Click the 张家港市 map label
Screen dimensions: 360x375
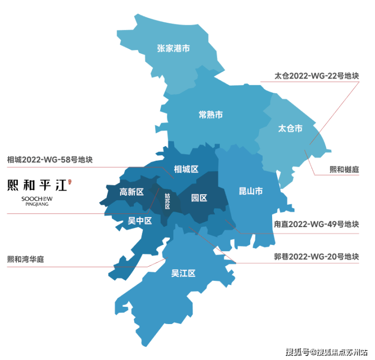[173, 49]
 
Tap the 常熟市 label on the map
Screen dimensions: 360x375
[211, 114]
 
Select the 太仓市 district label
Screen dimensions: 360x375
[290, 128]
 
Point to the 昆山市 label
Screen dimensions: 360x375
[251, 191]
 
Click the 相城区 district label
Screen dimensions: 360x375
[186, 169]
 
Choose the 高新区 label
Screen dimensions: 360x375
[132, 192]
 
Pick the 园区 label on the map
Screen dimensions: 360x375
[199, 198]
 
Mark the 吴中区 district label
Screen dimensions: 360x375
[140, 221]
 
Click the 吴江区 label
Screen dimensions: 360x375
[183, 274]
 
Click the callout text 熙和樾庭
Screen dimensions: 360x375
[344, 169]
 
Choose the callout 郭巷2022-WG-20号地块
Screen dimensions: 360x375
[317, 257]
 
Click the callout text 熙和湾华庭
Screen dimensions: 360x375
[26, 259]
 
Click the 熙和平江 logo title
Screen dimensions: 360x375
[37, 185]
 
